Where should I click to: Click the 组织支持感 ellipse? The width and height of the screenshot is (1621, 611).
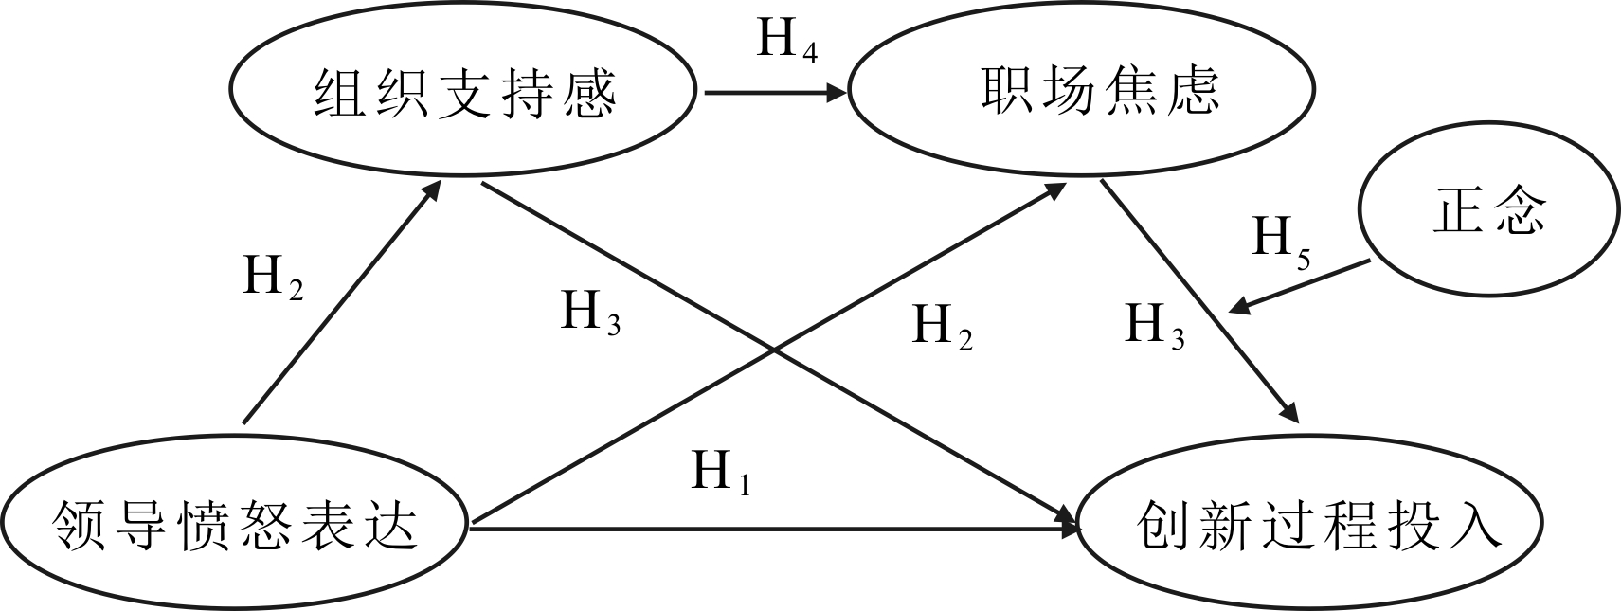(463, 93)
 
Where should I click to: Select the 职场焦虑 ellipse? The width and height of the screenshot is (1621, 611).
(1081, 91)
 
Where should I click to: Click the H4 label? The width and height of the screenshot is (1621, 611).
(786, 41)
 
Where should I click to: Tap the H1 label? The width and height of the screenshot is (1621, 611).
(721, 471)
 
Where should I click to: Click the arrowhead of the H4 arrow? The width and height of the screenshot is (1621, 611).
(837, 93)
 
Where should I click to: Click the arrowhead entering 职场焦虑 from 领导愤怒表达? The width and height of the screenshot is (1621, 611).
(1058, 189)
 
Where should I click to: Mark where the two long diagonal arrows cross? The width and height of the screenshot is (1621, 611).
(776, 350)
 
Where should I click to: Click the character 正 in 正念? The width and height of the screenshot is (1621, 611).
(1460, 211)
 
